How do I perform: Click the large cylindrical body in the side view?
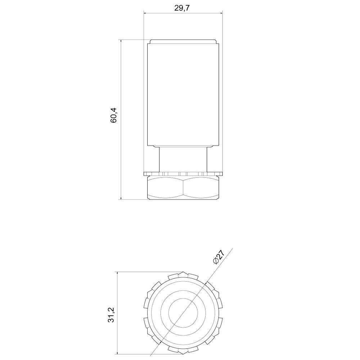tap(183, 94)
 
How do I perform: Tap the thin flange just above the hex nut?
tap(183, 174)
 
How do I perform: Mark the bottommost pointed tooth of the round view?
tap(183, 352)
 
